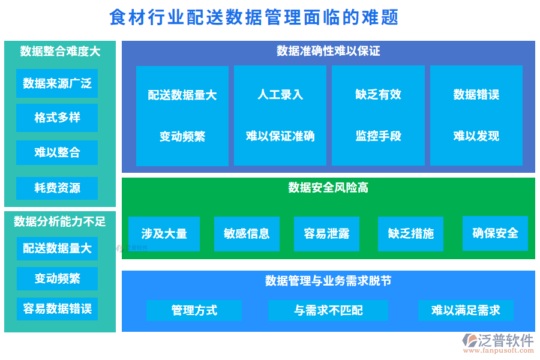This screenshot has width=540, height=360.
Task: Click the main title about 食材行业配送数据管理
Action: [254, 17]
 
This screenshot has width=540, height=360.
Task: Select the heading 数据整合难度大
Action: [59, 51]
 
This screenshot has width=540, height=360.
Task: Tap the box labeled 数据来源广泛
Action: [57, 83]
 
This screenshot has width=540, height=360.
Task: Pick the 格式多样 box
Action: [57, 118]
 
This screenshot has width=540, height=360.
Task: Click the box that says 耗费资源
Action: [57, 188]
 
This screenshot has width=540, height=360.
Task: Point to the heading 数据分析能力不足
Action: [59, 221]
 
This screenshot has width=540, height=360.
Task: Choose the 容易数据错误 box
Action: [57, 309]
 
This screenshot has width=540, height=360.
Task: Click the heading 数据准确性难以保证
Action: [328, 50]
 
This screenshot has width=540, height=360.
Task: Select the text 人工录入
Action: [280, 95]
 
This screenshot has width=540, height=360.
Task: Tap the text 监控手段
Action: [378, 136]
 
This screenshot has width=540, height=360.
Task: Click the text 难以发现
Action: [476, 136]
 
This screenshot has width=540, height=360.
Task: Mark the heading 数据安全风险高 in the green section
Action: [328, 188]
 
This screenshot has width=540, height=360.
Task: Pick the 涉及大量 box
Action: [164, 234]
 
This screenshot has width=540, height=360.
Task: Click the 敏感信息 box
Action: [247, 234]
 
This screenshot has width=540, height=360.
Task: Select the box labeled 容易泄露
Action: [326, 234]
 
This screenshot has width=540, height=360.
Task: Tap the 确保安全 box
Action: [495, 233]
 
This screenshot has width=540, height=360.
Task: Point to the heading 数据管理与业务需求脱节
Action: [328, 281]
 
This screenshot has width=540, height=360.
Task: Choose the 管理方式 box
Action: [194, 310]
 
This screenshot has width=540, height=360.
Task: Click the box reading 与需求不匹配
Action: [328, 310]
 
